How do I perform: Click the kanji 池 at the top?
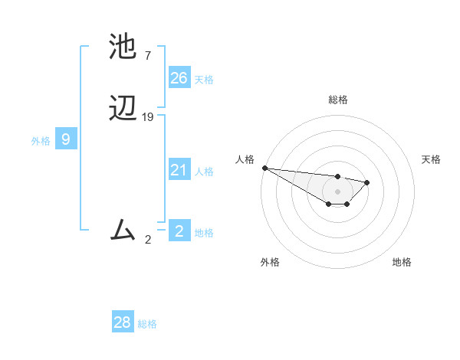[123, 47]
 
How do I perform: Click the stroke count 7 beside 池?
[147, 56]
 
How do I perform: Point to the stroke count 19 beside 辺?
[148, 117]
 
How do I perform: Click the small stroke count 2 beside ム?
[148, 240]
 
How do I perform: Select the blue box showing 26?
[179, 77]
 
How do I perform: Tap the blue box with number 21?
[179, 170]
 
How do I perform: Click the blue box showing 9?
[66, 139]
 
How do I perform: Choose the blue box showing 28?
[123, 322]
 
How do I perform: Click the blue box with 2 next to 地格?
[179, 231]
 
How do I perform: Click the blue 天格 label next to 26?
[204, 80]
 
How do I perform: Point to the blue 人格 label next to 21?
[204, 172]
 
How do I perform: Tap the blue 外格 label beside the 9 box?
[41, 141]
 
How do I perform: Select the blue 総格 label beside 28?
[147, 324]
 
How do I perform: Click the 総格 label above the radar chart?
[337, 100]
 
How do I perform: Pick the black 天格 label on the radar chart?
[431, 159]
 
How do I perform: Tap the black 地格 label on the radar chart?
[402, 262]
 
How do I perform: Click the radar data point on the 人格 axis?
[264, 168]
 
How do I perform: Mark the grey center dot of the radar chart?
[337, 191]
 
